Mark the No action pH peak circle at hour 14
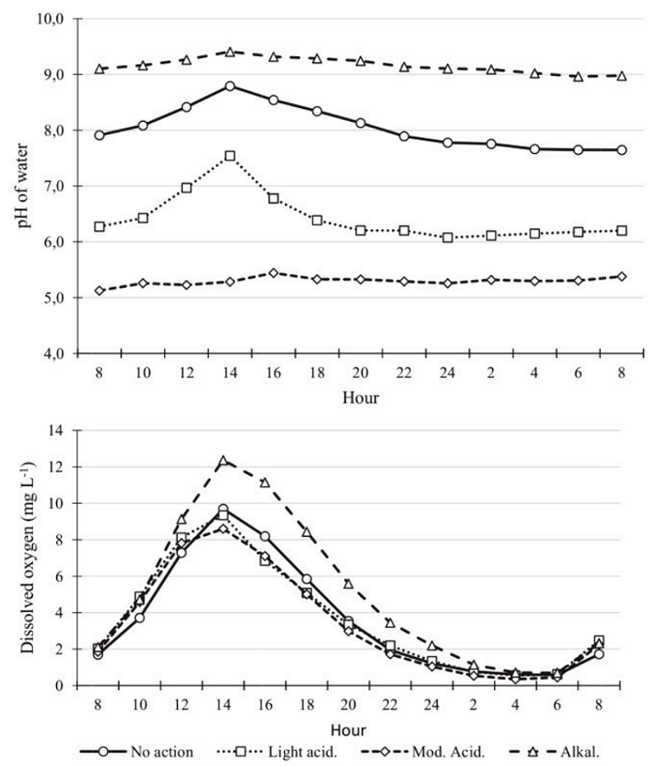pyautogui.click(x=230, y=86)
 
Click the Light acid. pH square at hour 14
pyautogui.click(x=230, y=156)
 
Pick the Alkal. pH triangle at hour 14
pyautogui.click(x=230, y=52)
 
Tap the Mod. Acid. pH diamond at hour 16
pyautogui.click(x=274, y=272)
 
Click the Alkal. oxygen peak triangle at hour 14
pyautogui.click(x=224, y=461)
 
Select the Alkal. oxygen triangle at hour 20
pyautogui.click(x=349, y=583)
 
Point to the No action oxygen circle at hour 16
pyautogui.click(x=265, y=536)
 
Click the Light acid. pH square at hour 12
pyautogui.click(x=187, y=187)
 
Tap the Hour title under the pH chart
pyautogui.click(x=361, y=397)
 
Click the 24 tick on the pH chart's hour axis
pyautogui.click(x=448, y=372)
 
